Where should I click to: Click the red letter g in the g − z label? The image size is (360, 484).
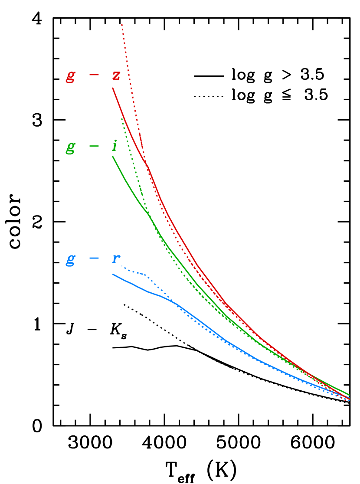click(70, 76)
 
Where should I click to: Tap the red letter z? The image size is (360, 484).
click(116, 76)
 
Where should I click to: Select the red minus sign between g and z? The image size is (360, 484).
click(94, 75)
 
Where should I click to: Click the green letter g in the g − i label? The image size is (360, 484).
click(70, 147)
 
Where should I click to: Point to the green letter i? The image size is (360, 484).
click(115, 146)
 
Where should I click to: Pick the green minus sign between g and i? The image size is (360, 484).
click(94, 146)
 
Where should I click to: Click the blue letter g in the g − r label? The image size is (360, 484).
click(70, 259)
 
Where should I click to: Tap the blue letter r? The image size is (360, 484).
click(115, 259)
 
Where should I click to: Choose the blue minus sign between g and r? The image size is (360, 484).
click(94, 258)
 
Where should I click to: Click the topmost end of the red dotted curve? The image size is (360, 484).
click(122, 24)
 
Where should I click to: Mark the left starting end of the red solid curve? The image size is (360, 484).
click(113, 88)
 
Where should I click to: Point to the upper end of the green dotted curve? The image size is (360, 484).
click(122, 118)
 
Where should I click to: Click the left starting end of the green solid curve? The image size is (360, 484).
click(113, 157)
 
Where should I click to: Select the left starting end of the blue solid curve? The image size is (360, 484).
click(113, 274)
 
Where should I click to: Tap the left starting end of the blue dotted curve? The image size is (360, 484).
click(122, 266)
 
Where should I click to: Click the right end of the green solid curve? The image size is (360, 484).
click(350, 395)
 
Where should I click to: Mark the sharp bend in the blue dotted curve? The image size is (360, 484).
click(149, 276)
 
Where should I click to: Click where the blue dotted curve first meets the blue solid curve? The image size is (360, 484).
click(176, 304)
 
